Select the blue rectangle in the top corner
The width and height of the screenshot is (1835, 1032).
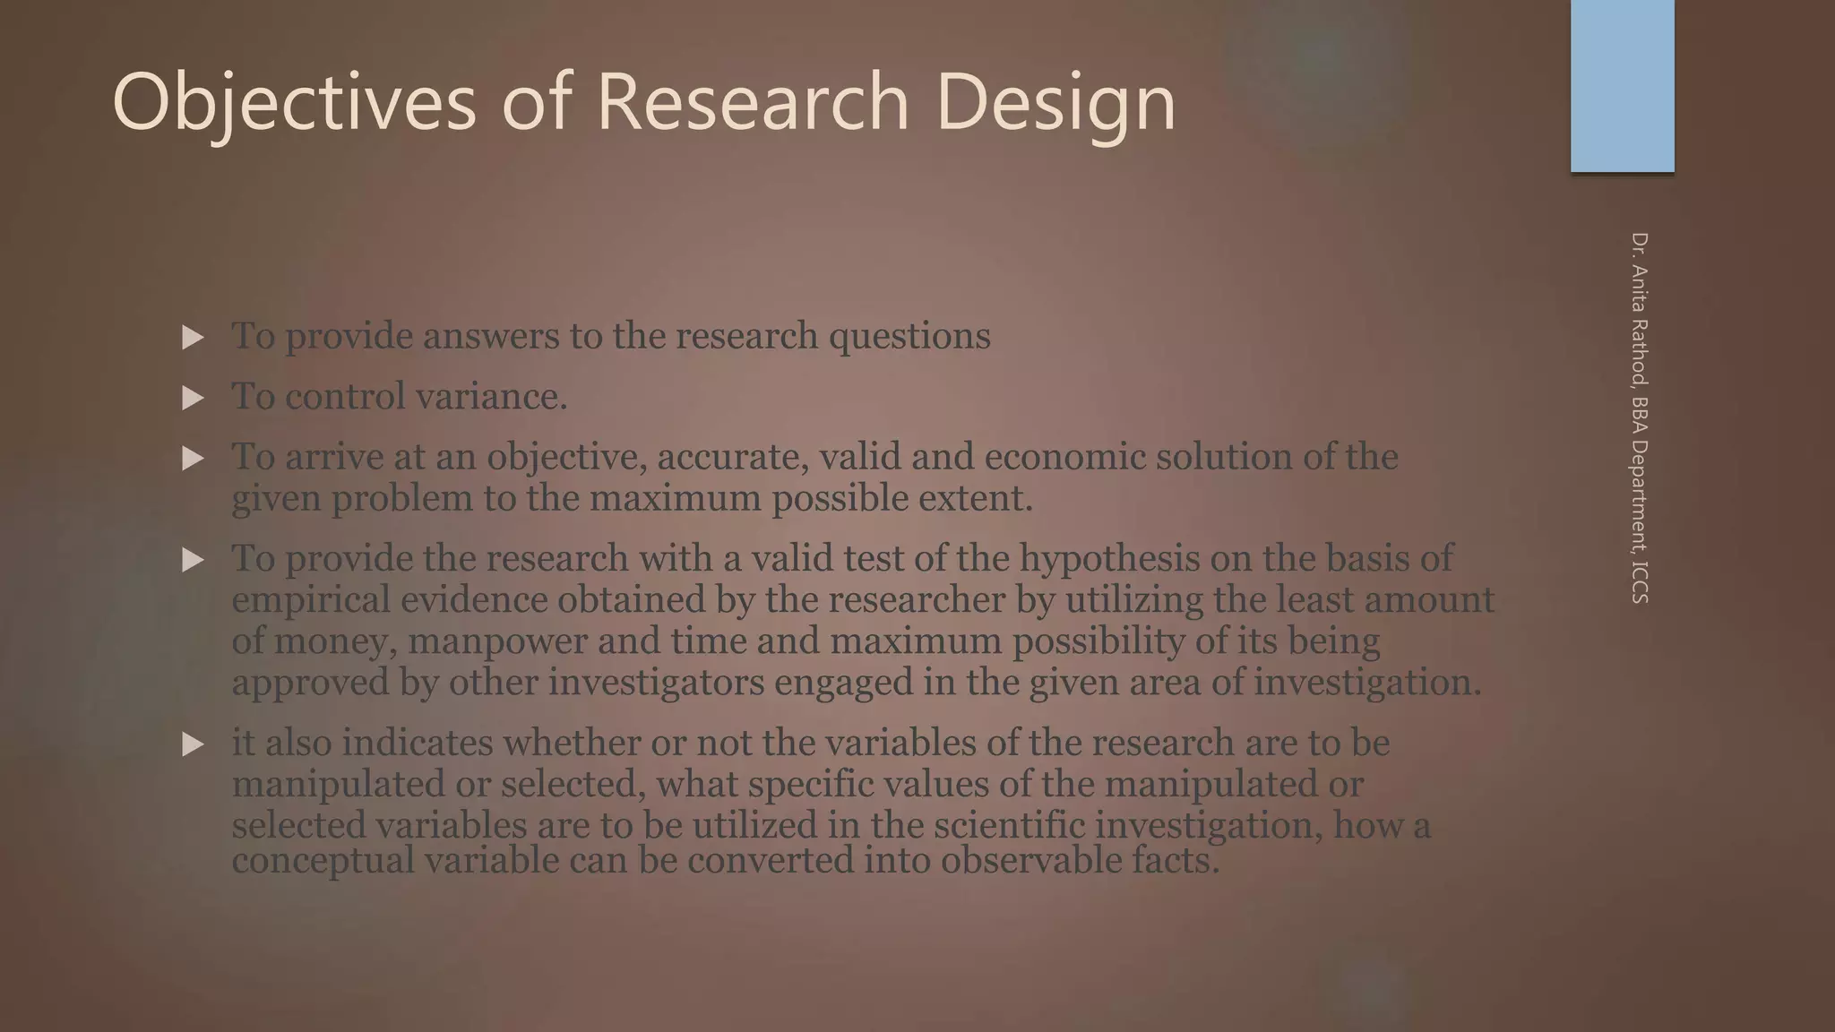[1622, 86]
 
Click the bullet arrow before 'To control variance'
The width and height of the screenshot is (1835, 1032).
[193, 398]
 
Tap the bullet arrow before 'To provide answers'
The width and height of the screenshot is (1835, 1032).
[193, 338]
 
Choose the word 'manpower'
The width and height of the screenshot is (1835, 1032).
[496, 641]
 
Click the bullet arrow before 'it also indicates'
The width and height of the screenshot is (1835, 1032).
[193, 744]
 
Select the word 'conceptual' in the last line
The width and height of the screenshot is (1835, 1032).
[323, 861]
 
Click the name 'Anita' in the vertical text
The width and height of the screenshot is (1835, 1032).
[1640, 290]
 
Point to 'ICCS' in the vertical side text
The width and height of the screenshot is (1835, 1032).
[1640, 581]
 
